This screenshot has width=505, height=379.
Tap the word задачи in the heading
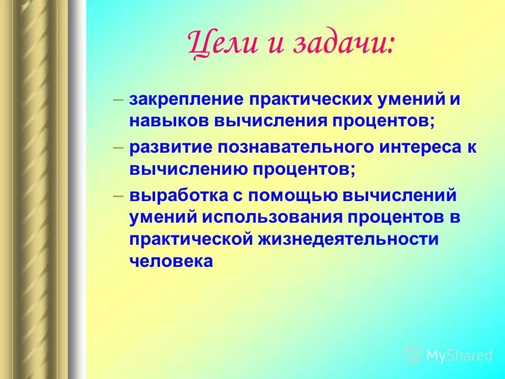pyautogui.click(x=341, y=44)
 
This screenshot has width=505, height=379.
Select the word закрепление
pyautogui.click(x=181, y=100)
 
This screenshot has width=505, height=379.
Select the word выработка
pyautogui.click(x=170, y=195)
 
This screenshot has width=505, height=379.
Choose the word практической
pyautogui.click(x=192, y=240)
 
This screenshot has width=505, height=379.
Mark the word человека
pyautogui.click(x=171, y=262)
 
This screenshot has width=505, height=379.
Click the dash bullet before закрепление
pyautogui.click(x=118, y=100)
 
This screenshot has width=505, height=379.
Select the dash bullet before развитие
pyautogui.click(x=118, y=147)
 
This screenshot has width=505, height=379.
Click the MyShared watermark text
pyautogui.click(x=459, y=355)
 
